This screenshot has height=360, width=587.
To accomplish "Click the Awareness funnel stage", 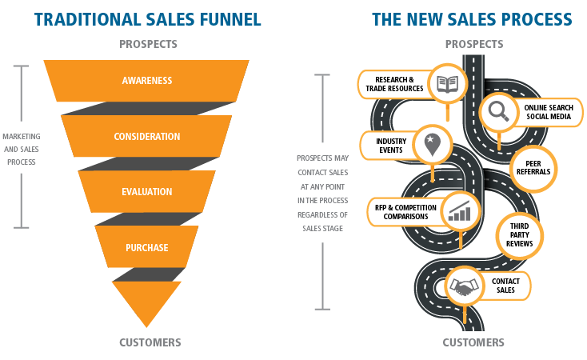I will (147, 81).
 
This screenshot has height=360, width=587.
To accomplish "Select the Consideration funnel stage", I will (147, 136).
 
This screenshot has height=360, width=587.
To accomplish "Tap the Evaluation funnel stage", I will (147, 192).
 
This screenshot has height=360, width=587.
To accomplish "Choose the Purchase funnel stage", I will (147, 247).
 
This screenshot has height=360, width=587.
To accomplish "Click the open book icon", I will (446, 83).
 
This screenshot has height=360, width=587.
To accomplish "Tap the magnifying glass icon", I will (499, 112).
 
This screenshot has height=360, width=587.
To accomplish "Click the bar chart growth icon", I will (460, 211).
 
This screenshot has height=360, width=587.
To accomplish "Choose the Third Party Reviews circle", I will (521, 234).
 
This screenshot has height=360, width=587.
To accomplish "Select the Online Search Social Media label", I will (548, 112).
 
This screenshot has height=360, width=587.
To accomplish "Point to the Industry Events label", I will (392, 146).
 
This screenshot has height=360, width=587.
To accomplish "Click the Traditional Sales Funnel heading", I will (147, 18).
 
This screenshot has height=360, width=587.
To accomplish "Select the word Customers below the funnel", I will (150, 342).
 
